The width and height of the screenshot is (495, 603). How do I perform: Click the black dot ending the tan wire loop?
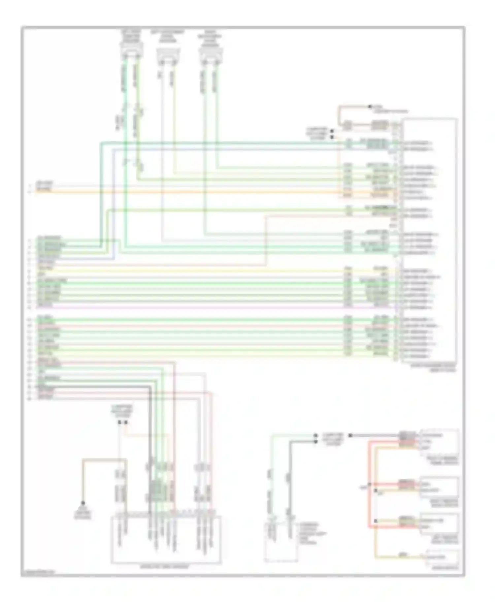pyautogui.click(x=370, y=107)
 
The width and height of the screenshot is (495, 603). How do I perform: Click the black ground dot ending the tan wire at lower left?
pyautogui.click(x=82, y=503)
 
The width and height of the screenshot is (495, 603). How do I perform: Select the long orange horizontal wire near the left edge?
pyautogui.click(x=198, y=192)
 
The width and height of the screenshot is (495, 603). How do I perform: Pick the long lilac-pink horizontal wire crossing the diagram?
pyautogui.click(x=198, y=307)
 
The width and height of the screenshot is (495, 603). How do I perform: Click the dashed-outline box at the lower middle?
pyautogui.click(x=280, y=541)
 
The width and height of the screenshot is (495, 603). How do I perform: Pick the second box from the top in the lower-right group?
pyautogui.click(x=439, y=487)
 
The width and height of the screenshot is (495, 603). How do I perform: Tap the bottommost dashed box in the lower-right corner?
pyautogui.click(x=442, y=557)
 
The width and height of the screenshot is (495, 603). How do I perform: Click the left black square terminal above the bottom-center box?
pyautogui.click(x=120, y=422)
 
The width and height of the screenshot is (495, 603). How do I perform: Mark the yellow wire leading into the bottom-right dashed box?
pyautogui.click(x=396, y=557)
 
